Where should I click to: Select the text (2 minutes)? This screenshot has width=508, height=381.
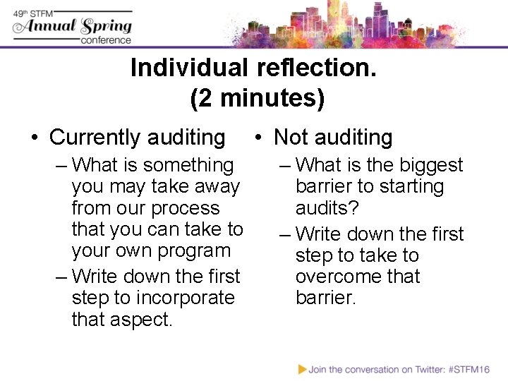pos(258,98)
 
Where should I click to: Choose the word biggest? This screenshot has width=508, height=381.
pos(430,165)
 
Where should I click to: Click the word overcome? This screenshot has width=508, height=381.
pos(338,277)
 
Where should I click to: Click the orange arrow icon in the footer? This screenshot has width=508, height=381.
pos(303,368)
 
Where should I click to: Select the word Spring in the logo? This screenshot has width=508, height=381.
pos(107,27)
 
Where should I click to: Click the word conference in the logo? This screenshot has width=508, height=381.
pos(106,40)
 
